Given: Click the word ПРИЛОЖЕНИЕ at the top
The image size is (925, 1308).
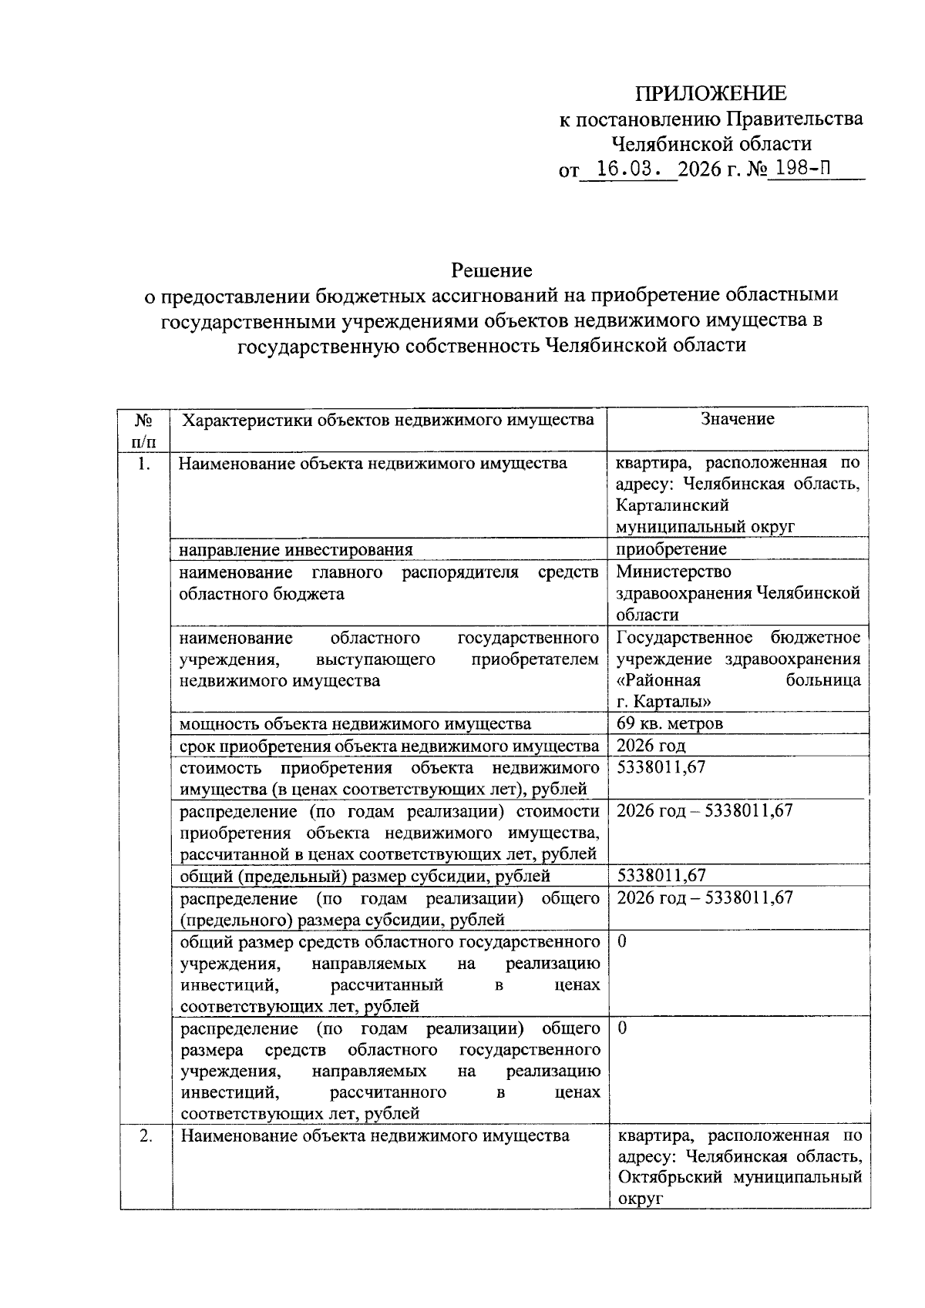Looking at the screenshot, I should (x=711, y=94).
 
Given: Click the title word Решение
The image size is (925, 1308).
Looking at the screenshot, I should (x=492, y=270).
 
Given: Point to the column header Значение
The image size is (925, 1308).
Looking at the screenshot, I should (x=737, y=419).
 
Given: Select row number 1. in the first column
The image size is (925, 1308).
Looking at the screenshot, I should (x=142, y=464).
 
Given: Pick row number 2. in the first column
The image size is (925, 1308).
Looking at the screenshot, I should (x=144, y=1136).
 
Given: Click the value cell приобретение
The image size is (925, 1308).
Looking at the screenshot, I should (x=671, y=549).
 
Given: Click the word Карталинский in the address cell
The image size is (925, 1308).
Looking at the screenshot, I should (x=673, y=506).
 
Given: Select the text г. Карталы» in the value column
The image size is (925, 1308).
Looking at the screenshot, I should (x=664, y=702).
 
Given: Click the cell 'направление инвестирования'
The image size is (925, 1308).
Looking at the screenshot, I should (x=296, y=550).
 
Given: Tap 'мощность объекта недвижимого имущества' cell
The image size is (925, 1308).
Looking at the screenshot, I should (x=355, y=724).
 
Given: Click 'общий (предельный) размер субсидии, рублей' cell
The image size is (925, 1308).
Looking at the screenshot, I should (x=365, y=876).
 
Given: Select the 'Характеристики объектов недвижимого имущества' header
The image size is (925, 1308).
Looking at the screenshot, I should (x=387, y=420).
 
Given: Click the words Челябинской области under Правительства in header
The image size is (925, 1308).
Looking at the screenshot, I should (x=711, y=144).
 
